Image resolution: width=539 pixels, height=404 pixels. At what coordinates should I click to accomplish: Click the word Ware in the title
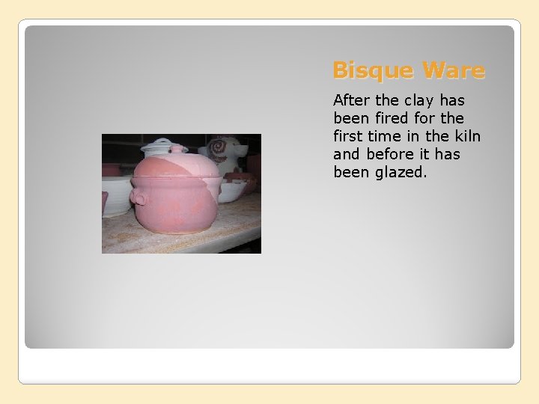click(x=454, y=71)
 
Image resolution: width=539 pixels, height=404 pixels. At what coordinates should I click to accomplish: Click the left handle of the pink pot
click(x=138, y=198)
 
